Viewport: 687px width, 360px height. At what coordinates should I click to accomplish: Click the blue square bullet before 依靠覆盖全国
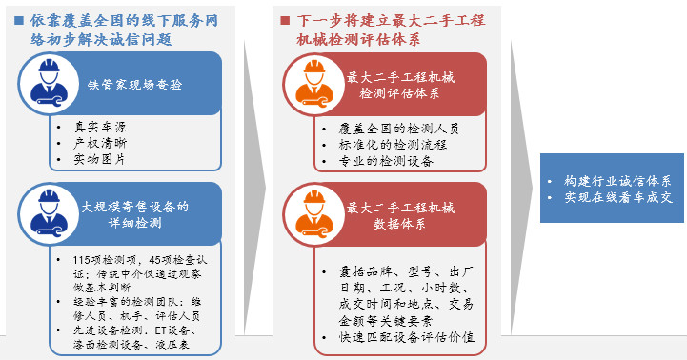point(19,20)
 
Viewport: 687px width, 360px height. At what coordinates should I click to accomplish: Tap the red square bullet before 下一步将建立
point(285,20)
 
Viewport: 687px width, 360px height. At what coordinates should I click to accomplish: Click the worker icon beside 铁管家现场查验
point(49,83)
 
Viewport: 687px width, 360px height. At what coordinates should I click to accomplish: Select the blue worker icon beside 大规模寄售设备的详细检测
point(49,214)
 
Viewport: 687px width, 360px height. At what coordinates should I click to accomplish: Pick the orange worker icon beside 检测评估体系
point(314,84)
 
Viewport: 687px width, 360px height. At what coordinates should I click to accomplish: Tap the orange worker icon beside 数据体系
point(314,214)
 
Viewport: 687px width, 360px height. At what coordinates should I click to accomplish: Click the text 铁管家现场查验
point(135,85)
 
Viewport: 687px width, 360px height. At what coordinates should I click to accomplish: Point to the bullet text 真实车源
point(100,127)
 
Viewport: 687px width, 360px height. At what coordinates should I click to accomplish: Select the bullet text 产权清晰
point(100,143)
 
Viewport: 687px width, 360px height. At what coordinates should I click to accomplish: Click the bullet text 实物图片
point(99,158)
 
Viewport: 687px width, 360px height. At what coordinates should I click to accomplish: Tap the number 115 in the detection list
point(82,260)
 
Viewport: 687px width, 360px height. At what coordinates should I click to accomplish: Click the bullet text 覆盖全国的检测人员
point(398,129)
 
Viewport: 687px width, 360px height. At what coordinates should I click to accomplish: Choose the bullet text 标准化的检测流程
point(393,145)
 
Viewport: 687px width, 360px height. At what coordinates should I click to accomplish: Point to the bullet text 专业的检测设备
point(386,161)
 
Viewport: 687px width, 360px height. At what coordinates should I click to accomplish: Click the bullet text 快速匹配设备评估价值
point(407,337)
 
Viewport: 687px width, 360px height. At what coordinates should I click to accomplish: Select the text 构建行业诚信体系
point(617,181)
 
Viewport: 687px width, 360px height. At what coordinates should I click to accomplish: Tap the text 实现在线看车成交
point(618,197)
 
